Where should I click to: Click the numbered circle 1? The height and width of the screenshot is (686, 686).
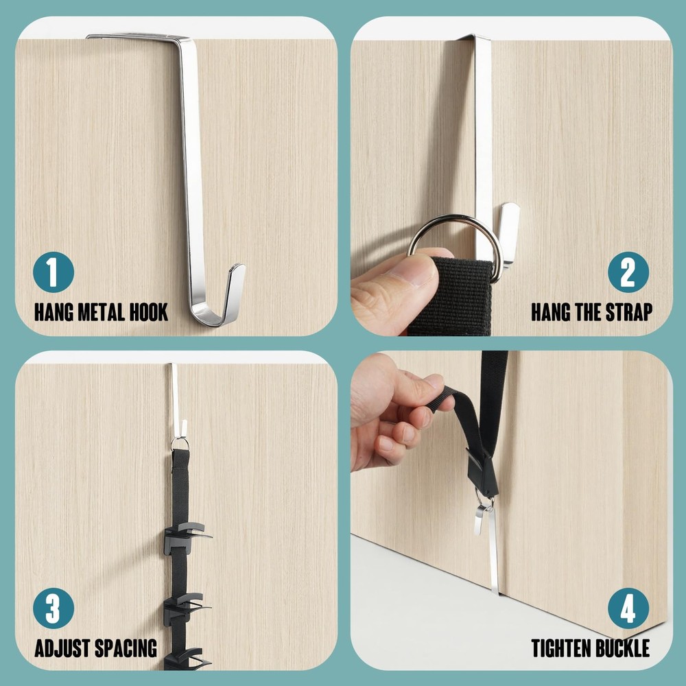[x=54, y=272]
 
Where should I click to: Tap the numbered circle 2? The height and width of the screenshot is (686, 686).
[x=628, y=272]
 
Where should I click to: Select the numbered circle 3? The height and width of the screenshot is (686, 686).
[x=54, y=608]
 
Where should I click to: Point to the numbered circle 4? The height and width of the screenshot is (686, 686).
[x=628, y=608]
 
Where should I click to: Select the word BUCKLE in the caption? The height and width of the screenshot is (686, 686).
[x=622, y=648]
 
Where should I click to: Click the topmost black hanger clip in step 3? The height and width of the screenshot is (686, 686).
[x=187, y=536]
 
